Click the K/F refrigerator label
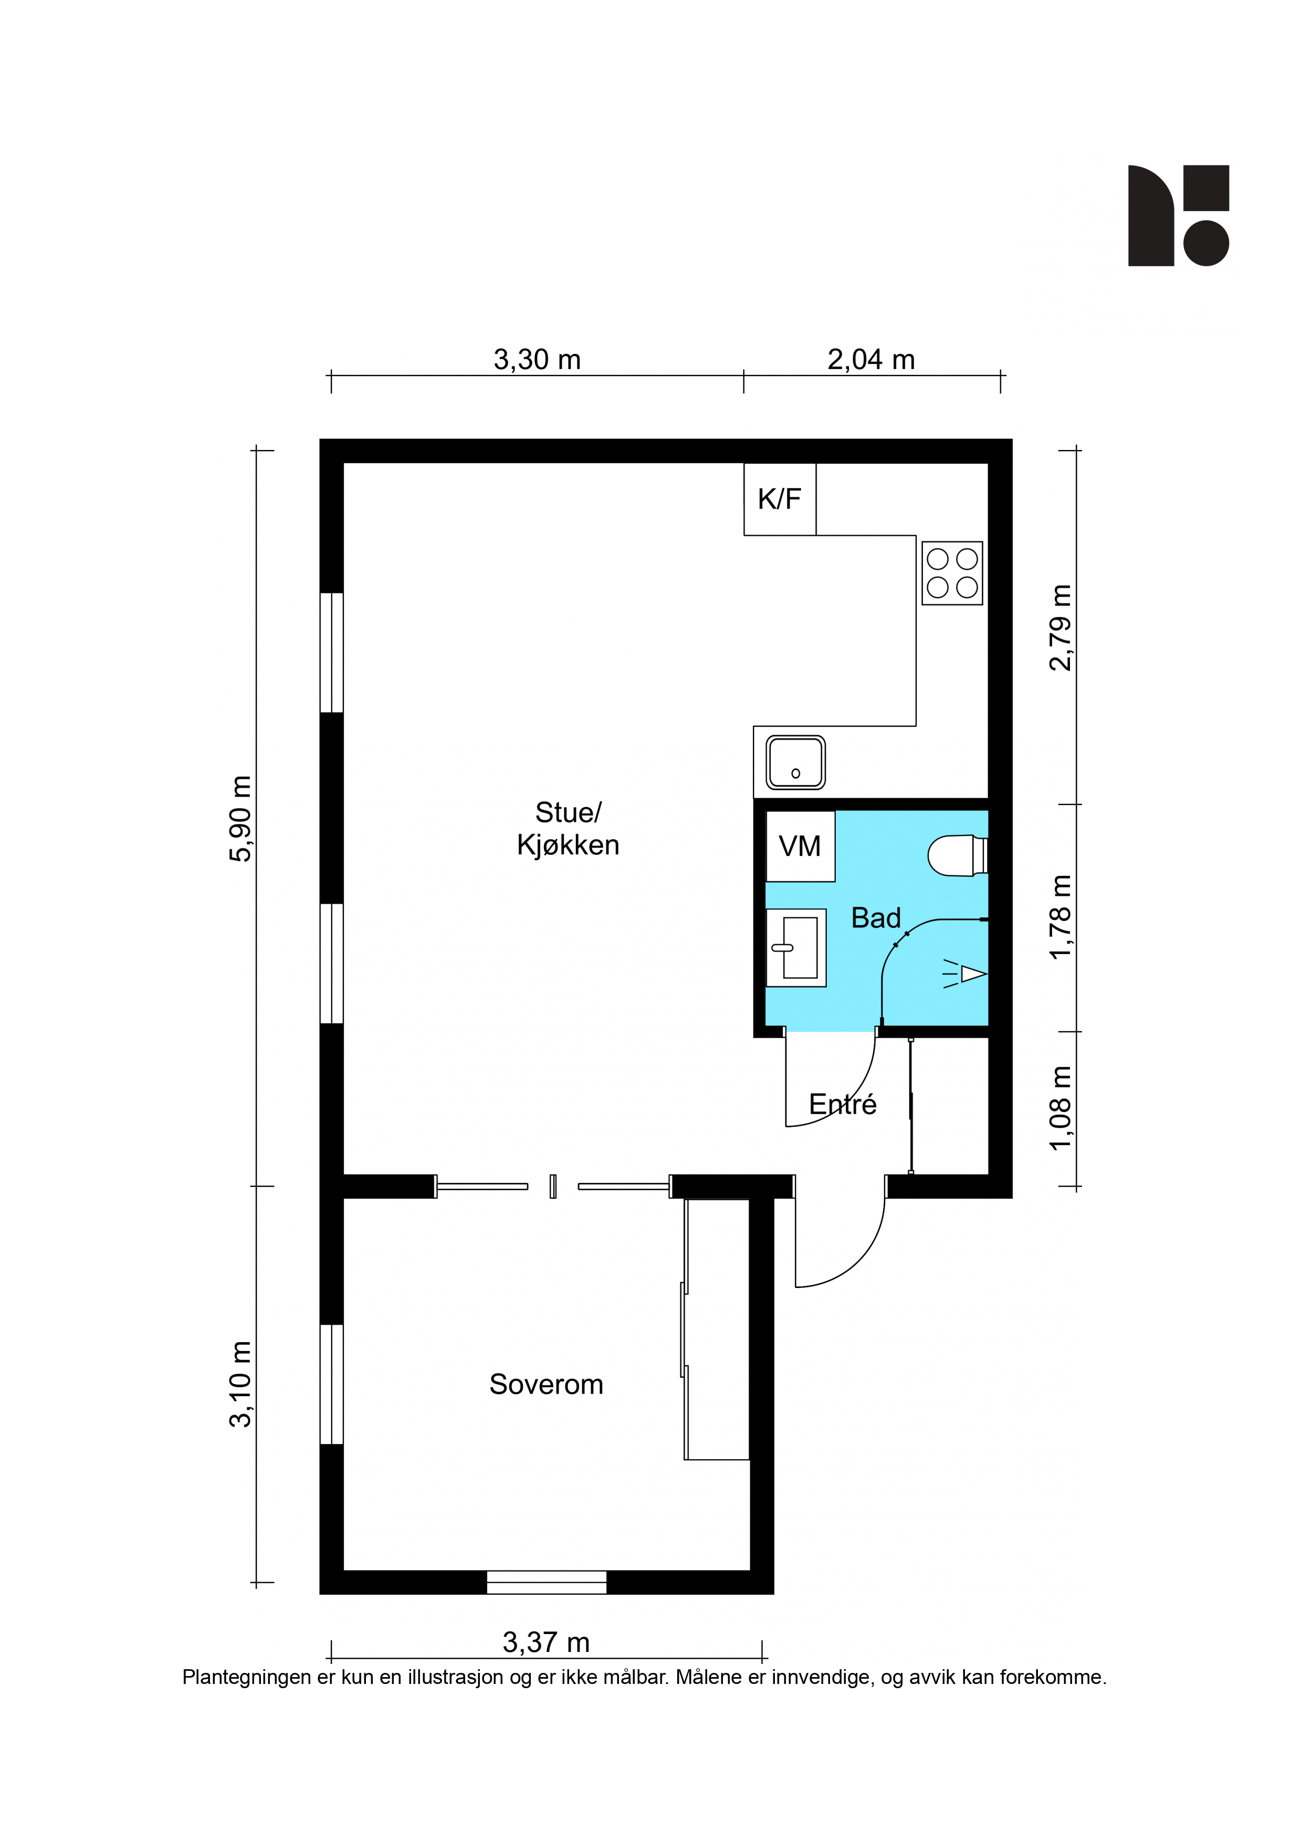pyautogui.click(x=779, y=499)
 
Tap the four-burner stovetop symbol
pyautogui.click(x=952, y=573)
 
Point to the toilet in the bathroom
pyautogui.click(x=957, y=855)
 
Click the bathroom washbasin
pyautogui.click(x=796, y=947)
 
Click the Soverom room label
pyautogui.click(x=547, y=1384)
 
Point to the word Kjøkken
pyautogui.click(x=568, y=845)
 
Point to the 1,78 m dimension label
pyautogui.click(x=1060, y=916)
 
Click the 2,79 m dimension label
pyautogui.click(x=1060, y=627)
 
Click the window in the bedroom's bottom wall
pyautogui.click(x=547, y=1582)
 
